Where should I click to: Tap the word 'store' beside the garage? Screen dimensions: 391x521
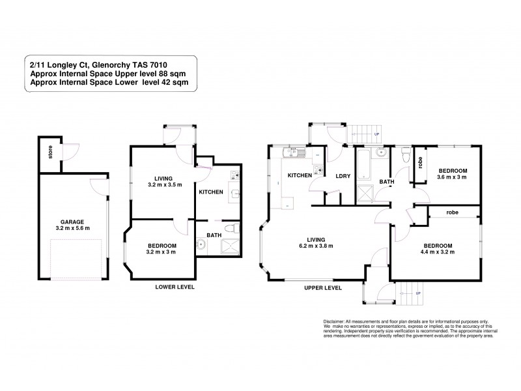coord(50,153)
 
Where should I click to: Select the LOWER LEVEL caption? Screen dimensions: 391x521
coord(175,287)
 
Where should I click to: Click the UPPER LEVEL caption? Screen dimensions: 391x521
coord(324,287)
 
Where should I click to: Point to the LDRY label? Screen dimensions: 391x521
coord(343,175)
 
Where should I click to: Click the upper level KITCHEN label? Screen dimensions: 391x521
coord(300,175)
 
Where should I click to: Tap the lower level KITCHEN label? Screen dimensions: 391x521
coord(211,192)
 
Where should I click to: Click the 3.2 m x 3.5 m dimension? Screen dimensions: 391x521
coord(163,184)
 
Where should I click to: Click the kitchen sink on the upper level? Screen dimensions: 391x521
coord(292,153)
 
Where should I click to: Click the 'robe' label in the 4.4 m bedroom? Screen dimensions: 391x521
coord(453,212)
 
